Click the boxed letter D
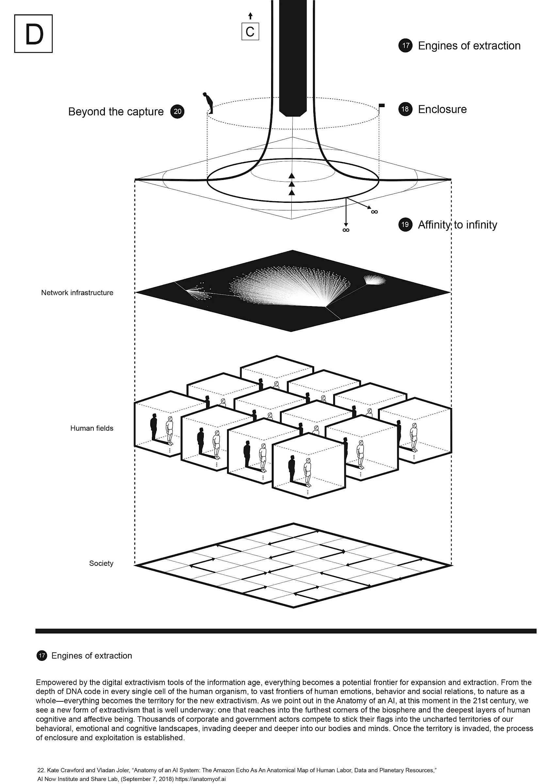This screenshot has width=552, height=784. click(33, 34)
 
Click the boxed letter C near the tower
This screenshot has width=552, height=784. click(250, 32)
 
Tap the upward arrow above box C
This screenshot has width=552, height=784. click(250, 16)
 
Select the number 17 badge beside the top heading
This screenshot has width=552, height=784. click(405, 46)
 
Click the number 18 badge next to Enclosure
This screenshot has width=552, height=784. click(405, 109)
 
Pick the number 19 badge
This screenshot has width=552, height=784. click(405, 225)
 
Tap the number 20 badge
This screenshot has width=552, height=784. click(177, 111)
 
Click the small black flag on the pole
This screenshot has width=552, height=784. click(382, 106)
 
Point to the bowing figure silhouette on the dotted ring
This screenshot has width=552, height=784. click(208, 102)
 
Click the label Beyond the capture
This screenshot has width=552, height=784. click(116, 112)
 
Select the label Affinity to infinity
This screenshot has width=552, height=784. click(457, 225)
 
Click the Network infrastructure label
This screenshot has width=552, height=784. click(77, 293)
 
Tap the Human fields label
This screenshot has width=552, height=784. click(91, 428)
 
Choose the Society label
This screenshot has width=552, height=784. click(101, 563)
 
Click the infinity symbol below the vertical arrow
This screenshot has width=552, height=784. click(346, 230)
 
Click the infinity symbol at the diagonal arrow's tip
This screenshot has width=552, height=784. click(375, 212)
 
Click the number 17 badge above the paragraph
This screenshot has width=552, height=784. click(42, 656)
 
